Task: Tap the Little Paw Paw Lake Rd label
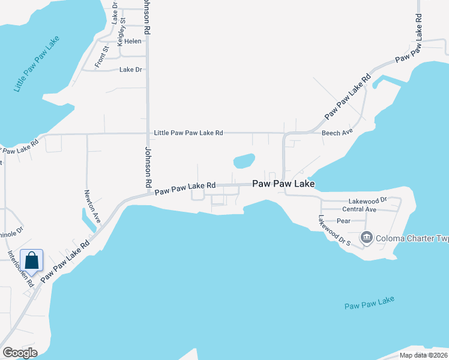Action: [188, 133]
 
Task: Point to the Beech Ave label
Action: [337, 133]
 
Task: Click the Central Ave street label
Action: [359, 209]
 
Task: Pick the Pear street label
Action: [343, 221]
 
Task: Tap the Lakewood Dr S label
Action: [334, 231]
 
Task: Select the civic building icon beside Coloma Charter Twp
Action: [366, 238]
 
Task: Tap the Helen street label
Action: [133, 41]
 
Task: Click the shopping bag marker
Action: [32, 262]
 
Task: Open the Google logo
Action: [19, 353]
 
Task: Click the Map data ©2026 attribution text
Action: [423, 355]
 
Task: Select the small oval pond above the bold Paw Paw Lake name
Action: [244, 161]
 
